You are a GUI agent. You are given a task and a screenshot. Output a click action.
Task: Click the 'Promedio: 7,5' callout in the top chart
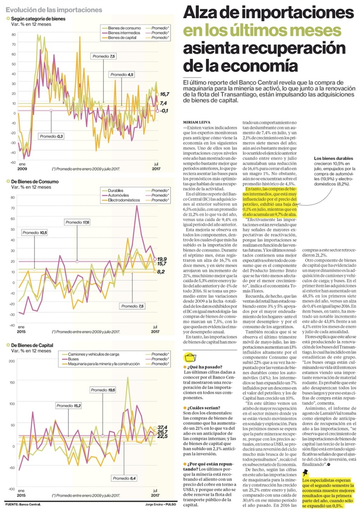tap(104, 56)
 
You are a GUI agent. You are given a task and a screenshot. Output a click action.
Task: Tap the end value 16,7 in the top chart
tap(165, 94)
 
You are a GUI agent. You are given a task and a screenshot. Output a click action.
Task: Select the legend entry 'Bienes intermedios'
tap(124, 33)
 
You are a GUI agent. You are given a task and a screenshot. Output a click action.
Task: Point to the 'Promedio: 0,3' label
tap(51, 136)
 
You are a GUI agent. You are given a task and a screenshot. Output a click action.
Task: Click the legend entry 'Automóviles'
tap(118, 195)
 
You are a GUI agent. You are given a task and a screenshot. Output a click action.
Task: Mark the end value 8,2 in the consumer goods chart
tap(161, 272)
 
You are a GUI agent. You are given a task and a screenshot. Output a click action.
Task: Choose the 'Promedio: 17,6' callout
tap(77, 222)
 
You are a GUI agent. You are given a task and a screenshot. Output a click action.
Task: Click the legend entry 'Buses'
tap(73, 359)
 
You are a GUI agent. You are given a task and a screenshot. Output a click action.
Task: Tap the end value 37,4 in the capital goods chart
tap(162, 427)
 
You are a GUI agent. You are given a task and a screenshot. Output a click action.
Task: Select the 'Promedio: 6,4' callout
tap(124, 478)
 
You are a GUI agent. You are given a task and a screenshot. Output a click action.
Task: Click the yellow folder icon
tap(190, 357)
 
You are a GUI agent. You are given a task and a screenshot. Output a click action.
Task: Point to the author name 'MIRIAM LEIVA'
tap(197, 122)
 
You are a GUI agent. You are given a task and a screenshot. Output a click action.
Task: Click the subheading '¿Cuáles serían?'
tap(203, 408)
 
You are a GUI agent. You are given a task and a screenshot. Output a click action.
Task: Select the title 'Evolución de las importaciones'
tap(54, 10)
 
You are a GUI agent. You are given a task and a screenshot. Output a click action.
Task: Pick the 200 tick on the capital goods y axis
tap(12, 361)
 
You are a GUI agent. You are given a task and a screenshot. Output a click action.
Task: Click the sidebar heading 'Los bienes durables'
tap(333, 158)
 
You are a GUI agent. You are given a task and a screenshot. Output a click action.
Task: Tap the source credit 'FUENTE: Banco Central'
tap(23, 504)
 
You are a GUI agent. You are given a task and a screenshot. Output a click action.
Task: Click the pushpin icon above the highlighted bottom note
tap(306, 472)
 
